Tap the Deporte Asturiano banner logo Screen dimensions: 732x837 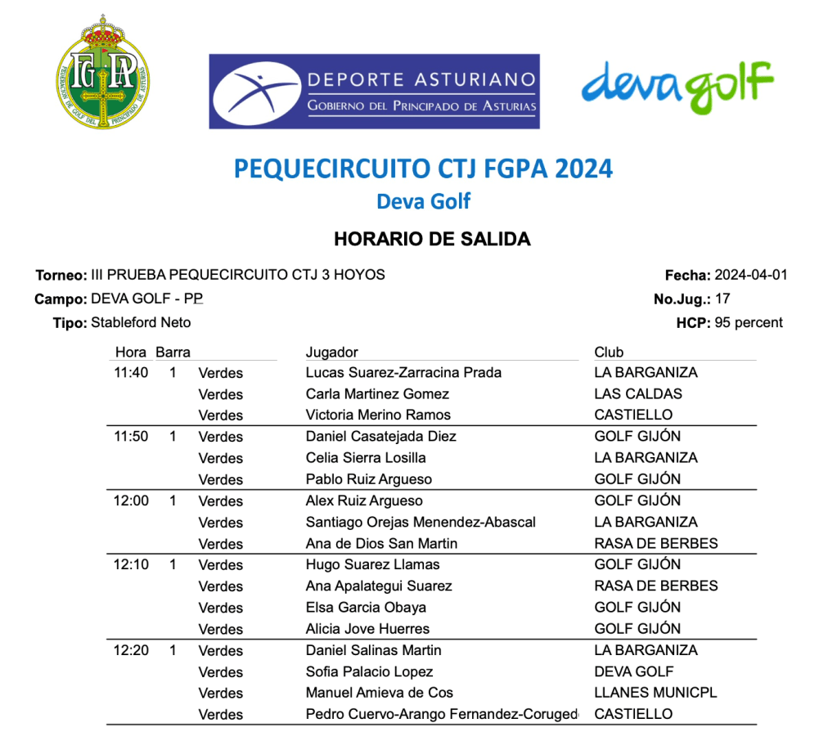click(374, 92)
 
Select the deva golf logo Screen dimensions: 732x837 click(677, 86)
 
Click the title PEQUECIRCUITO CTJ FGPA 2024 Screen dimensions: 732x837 click(423, 168)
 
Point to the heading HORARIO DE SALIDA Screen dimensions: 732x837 click(432, 240)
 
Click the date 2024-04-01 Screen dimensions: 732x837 click(750, 275)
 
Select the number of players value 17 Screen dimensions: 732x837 click(722, 299)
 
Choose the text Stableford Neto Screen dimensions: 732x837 click(141, 322)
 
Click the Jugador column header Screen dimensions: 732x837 click(331, 353)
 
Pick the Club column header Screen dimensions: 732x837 click(609, 353)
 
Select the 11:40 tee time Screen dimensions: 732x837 click(131, 373)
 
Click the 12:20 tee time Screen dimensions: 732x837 click(131, 650)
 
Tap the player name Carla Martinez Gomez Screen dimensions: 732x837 click(377, 393)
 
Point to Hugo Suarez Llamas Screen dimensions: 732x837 click(372, 564)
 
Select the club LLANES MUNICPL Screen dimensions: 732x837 click(655, 693)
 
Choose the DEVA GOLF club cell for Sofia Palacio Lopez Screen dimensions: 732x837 click(634, 671)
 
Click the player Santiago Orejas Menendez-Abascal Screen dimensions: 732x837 click(421, 522)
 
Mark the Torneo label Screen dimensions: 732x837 click(61, 276)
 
